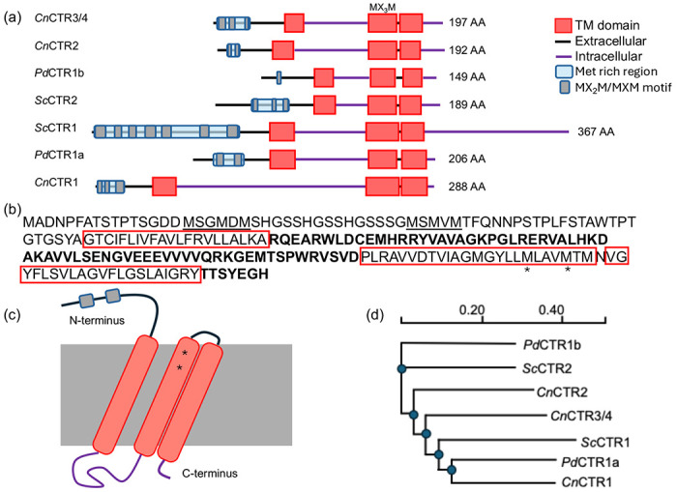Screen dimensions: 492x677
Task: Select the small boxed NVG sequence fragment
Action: tap(615, 257)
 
